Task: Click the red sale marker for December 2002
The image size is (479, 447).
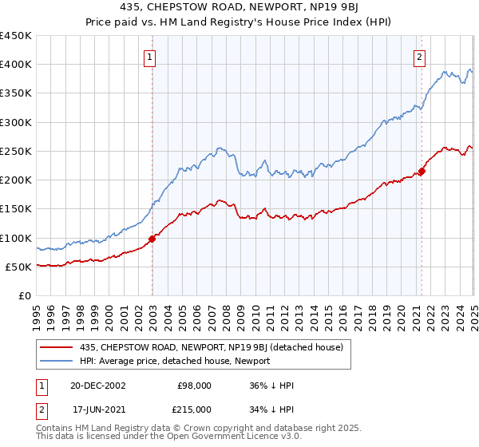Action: [152, 239]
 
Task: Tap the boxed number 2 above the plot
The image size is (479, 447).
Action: [419, 57]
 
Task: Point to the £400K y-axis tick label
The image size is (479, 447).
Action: [15, 65]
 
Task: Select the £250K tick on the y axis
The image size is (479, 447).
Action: [15, 151]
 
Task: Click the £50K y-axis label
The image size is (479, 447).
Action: [18, 267]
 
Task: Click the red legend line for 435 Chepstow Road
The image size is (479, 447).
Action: [57, 347]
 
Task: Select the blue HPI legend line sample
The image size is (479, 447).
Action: [57, 361]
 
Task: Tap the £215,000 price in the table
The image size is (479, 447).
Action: [195, 409]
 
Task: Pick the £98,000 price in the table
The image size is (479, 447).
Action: [195, 386]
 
